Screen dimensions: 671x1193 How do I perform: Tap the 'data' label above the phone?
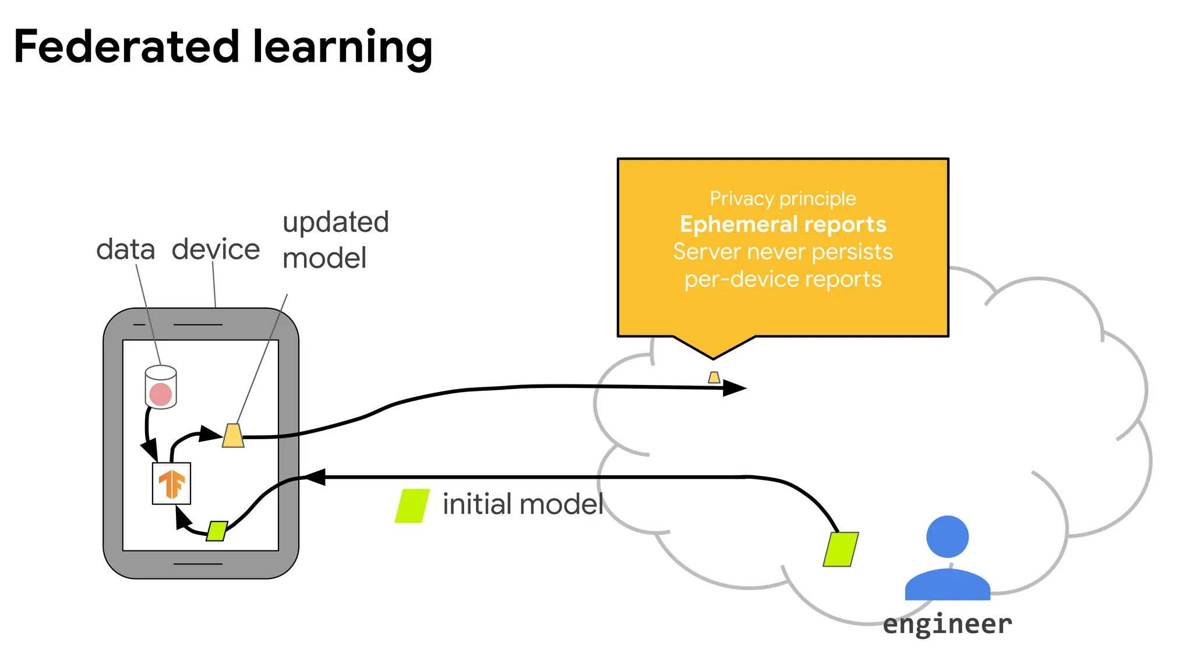(x=125, y=249)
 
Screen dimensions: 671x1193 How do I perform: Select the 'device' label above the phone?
(x=216, y=249)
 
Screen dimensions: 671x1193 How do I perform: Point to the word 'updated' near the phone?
(x=336, y=223)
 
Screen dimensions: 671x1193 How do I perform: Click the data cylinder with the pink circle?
(x=161, y=388)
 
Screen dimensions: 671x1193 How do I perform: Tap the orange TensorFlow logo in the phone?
(x=171, y=484)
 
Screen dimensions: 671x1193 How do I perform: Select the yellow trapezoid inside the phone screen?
(x=233, y=436)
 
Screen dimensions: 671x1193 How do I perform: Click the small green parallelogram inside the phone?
(x=217, y=531)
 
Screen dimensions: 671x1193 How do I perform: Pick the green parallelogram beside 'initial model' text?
(x=412, y=506)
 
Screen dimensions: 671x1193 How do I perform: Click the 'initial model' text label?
(x=523, y=504)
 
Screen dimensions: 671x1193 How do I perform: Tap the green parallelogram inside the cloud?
(x=841, y=549)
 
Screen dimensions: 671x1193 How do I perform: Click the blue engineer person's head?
(x=947, y=536)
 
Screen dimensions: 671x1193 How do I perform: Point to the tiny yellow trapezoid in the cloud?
(x=714, y=377)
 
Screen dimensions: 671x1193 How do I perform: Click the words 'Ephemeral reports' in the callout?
(x=783, y=224)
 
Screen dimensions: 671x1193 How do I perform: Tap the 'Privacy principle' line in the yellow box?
(x=783, y=199)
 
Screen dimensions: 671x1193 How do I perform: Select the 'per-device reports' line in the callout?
(x=783, y=279)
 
